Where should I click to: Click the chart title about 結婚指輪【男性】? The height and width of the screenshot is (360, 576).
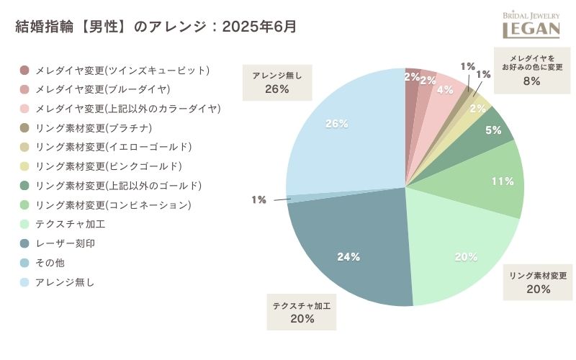pyautogui.click(x=156, y=27)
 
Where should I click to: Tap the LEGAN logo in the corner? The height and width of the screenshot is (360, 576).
pyautogui.click(x=531, y=24)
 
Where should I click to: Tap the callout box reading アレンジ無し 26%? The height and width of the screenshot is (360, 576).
pyautogui.click(x=277, y=82)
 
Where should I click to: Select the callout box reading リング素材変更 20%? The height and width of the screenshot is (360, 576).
pyautogui.click(x=539, y=282)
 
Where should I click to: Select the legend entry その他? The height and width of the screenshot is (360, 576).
pyautogui.click(x=50, y=263)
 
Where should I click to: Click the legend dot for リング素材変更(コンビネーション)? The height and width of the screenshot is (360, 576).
pyautogui.click(x=24, y=205)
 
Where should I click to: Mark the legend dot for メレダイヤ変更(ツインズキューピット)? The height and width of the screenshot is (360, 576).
pyautogui.click(x=24, y=71)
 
